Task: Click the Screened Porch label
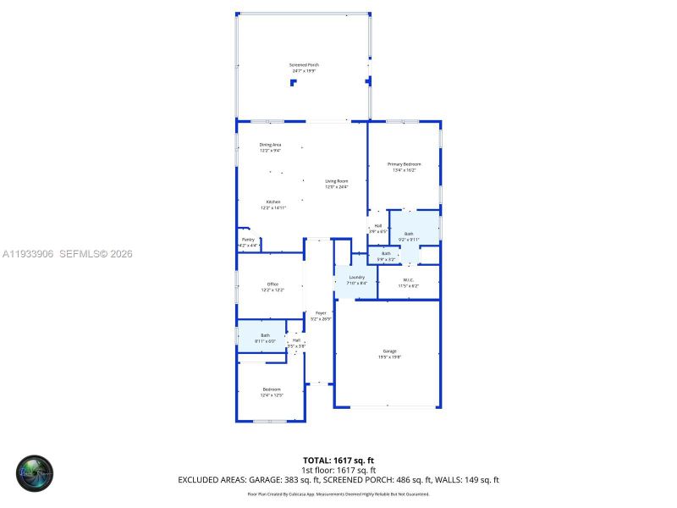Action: pos(304,67)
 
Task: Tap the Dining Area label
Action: pos(270,147)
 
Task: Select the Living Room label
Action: pos(337,183)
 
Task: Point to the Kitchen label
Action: pos(272,204)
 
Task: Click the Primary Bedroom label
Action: pos(404,166)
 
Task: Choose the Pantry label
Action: pos(248,242)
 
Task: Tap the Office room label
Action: pos(272,286)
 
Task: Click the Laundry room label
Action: pos(356,279)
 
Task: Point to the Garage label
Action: pos(389,353)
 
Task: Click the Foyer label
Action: pos(321,315)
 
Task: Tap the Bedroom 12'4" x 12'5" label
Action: pos(272,391)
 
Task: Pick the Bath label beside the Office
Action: pos(265,338)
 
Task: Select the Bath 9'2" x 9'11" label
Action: pos(409,236)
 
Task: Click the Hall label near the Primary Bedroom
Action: pos(377,228)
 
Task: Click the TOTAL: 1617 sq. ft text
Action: pos(338,460)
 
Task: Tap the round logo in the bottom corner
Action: pos(35,474)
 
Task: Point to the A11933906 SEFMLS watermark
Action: pos(68,254)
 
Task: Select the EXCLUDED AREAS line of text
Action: pos(338,479)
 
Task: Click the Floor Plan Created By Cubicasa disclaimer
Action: pos(338,494)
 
